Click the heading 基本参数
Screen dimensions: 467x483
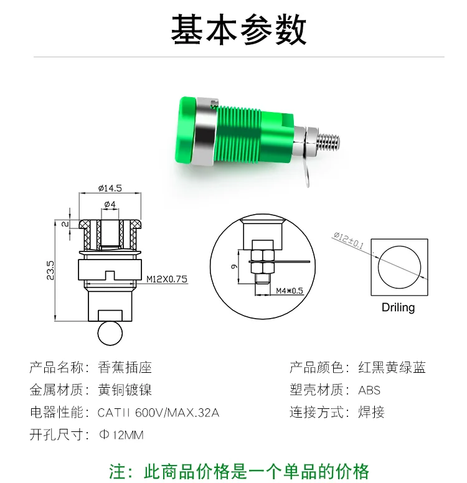[x=238, y=29]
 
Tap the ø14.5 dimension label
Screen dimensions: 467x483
[x=110, y=188]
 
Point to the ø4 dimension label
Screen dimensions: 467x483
[x=110, y=204]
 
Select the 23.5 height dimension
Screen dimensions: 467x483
[x=50, y=271]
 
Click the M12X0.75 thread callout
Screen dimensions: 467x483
[x=167, y=279]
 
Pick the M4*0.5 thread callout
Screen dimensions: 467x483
[x=290, y=291]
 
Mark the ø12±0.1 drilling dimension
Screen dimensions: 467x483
[x=348, y=240]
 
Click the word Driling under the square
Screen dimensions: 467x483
[x=399, y=307]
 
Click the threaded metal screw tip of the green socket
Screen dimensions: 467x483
[x=329, y=140]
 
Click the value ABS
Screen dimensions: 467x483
[x=369, y=390]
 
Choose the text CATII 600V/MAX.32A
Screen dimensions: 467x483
[x=158, y=413]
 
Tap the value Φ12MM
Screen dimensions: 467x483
[x=121, y=435]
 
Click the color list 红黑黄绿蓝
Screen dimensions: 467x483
[x=392, y=367]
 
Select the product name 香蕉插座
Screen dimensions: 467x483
[x=125, y=367]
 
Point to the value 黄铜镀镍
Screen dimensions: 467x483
[x=125, y=390]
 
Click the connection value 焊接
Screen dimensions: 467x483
[x=372, y=413]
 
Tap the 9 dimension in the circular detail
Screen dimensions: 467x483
[x=234, y=266]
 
